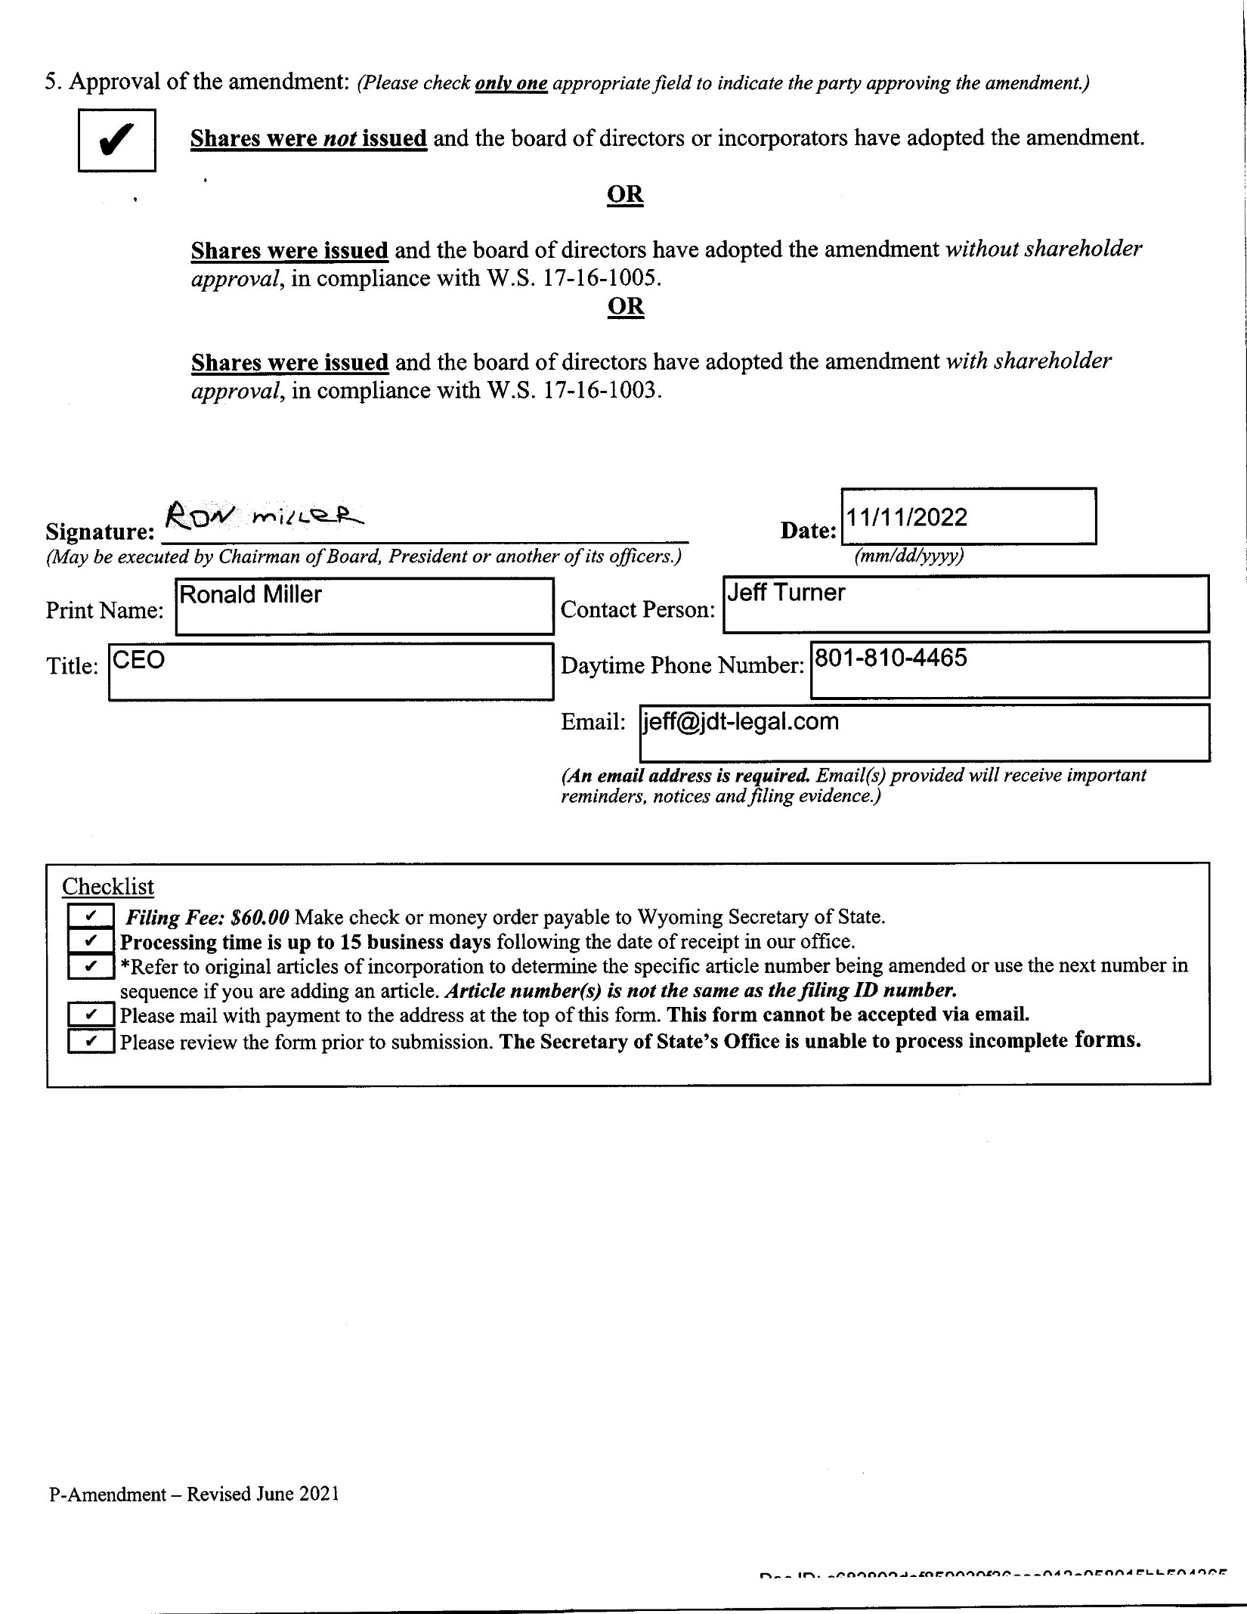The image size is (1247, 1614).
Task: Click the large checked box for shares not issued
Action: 117,141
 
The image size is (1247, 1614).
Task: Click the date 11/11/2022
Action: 906,518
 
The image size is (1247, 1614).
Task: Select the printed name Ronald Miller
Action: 250,596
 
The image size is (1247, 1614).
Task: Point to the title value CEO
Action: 138,661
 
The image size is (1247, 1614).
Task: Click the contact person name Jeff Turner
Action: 786,593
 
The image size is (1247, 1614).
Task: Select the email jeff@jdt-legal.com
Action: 741,722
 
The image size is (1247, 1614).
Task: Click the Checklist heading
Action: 107,887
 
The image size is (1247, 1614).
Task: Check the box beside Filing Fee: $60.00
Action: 91,916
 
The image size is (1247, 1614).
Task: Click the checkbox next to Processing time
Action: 91,941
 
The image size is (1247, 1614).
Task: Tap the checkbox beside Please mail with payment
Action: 91,1015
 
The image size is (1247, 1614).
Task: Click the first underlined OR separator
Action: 625,195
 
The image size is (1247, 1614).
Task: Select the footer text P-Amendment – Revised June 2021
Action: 194,1495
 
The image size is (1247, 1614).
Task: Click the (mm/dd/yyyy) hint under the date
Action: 909,556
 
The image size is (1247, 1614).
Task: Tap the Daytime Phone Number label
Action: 682,666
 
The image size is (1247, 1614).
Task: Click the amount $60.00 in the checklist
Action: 260,918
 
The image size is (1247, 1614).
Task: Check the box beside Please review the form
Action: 91,1041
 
